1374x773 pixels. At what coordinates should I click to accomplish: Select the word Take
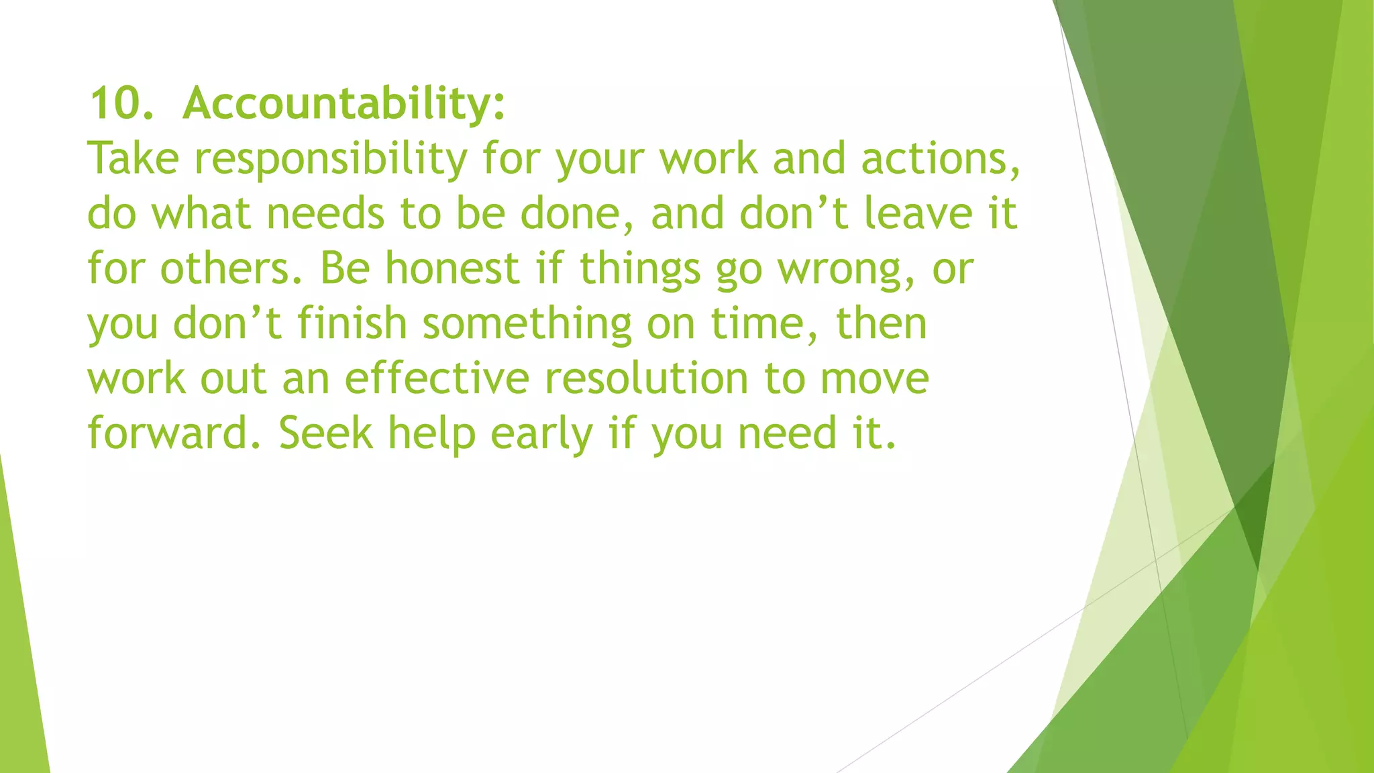(134, 159)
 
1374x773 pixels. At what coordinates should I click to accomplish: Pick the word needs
(325, 214)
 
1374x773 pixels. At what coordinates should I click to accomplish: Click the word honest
(452, 269)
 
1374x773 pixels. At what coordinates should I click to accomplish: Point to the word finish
(352, 324)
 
